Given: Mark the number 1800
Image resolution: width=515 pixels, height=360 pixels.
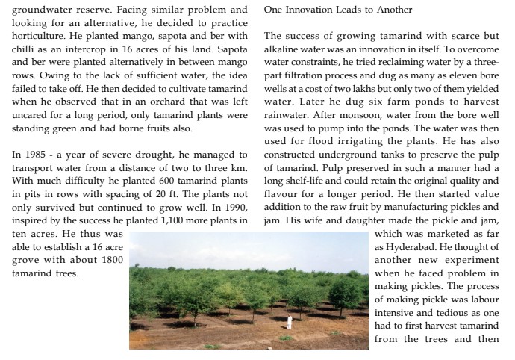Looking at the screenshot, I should [x=110, y=260].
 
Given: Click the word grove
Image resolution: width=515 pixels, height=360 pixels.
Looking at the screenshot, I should [x=26, y=260].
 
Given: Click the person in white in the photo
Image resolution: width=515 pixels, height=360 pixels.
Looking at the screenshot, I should [x=289, y=323].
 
